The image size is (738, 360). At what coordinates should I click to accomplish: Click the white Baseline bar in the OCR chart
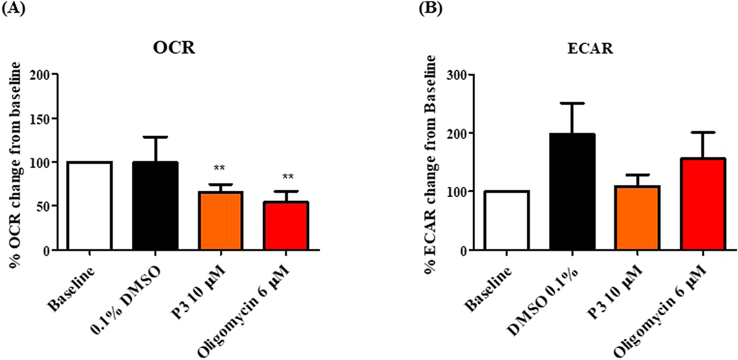point(89,206)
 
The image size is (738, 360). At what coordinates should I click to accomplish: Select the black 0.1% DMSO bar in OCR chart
point(155,206)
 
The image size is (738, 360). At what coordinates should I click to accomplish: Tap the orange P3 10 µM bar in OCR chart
point(220,220)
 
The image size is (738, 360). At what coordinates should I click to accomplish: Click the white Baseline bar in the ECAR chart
point(506,220)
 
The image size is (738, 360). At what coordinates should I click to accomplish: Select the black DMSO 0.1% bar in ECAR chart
point(572,192)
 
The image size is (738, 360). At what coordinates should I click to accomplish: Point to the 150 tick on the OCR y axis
point(43,118)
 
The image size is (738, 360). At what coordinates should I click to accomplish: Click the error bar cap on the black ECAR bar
point(572,103)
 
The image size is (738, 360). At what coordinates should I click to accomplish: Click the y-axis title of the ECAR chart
point(432,161)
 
